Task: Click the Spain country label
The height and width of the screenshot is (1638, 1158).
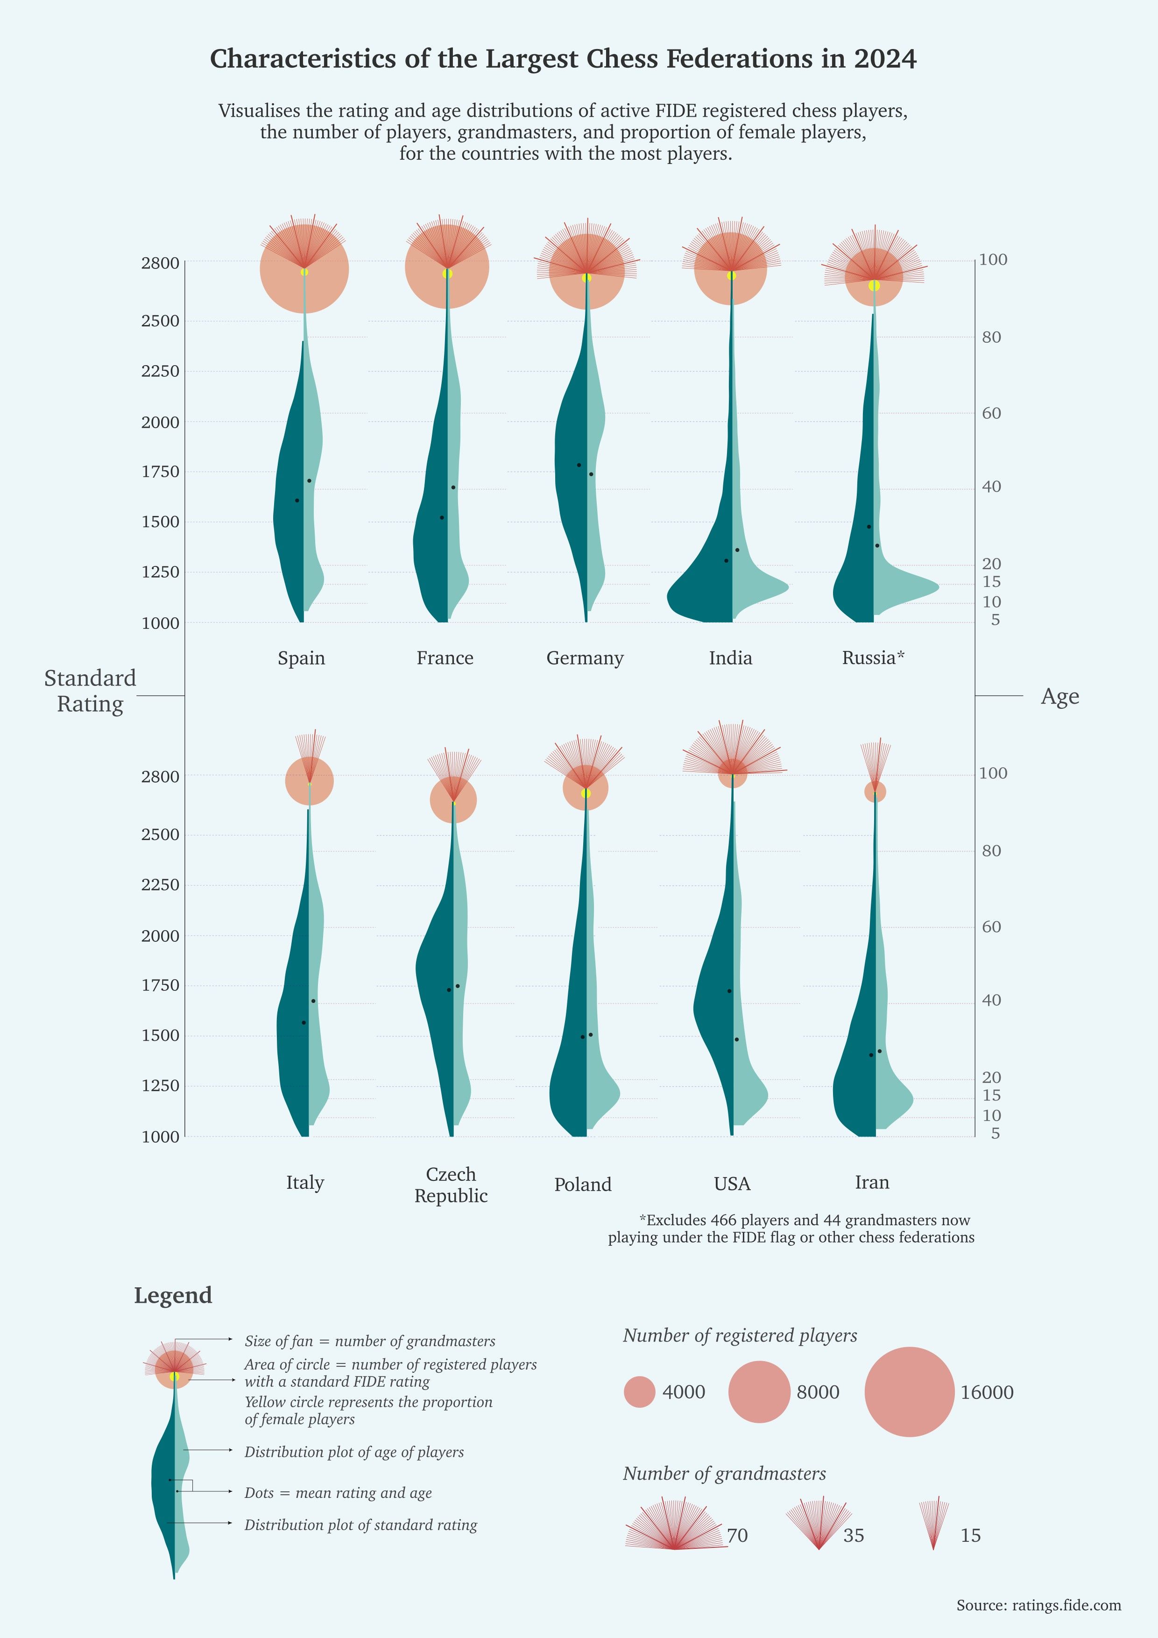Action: tap(301, 658)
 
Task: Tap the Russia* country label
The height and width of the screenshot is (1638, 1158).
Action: tap(873, 658)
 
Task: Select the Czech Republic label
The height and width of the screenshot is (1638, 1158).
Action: tap(451, 1185)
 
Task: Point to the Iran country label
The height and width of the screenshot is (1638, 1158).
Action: tap(872, 1183)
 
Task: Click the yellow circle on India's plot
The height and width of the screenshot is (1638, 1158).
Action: tap(731, 275)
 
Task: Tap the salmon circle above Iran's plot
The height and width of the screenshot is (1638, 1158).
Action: tap(876, 791)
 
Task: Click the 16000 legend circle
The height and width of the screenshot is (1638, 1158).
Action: tap(909, 1392)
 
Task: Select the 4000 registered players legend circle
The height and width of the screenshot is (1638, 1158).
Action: tap(639, 1392)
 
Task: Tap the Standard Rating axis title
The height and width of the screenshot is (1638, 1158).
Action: tap(90, 691)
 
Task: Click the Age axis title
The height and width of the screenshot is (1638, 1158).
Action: tap(1059, 696)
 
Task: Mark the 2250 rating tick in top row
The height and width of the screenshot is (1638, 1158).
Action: tap(161, 371)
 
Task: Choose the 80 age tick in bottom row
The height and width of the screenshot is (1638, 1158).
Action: tap(991, 850)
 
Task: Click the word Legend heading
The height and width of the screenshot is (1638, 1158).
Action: tap(173, 1295)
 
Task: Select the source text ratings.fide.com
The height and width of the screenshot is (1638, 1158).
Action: tap(1066, 1605)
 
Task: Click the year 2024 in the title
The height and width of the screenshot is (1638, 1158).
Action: tap(885, 58)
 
